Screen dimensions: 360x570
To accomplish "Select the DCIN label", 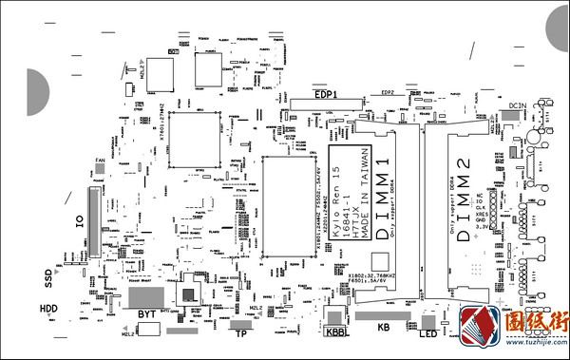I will [517, 104].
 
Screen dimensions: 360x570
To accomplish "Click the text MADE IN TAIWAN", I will [363, 194].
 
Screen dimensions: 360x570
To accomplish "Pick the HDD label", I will [48, 310].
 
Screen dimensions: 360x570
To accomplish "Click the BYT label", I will [146, 313].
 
